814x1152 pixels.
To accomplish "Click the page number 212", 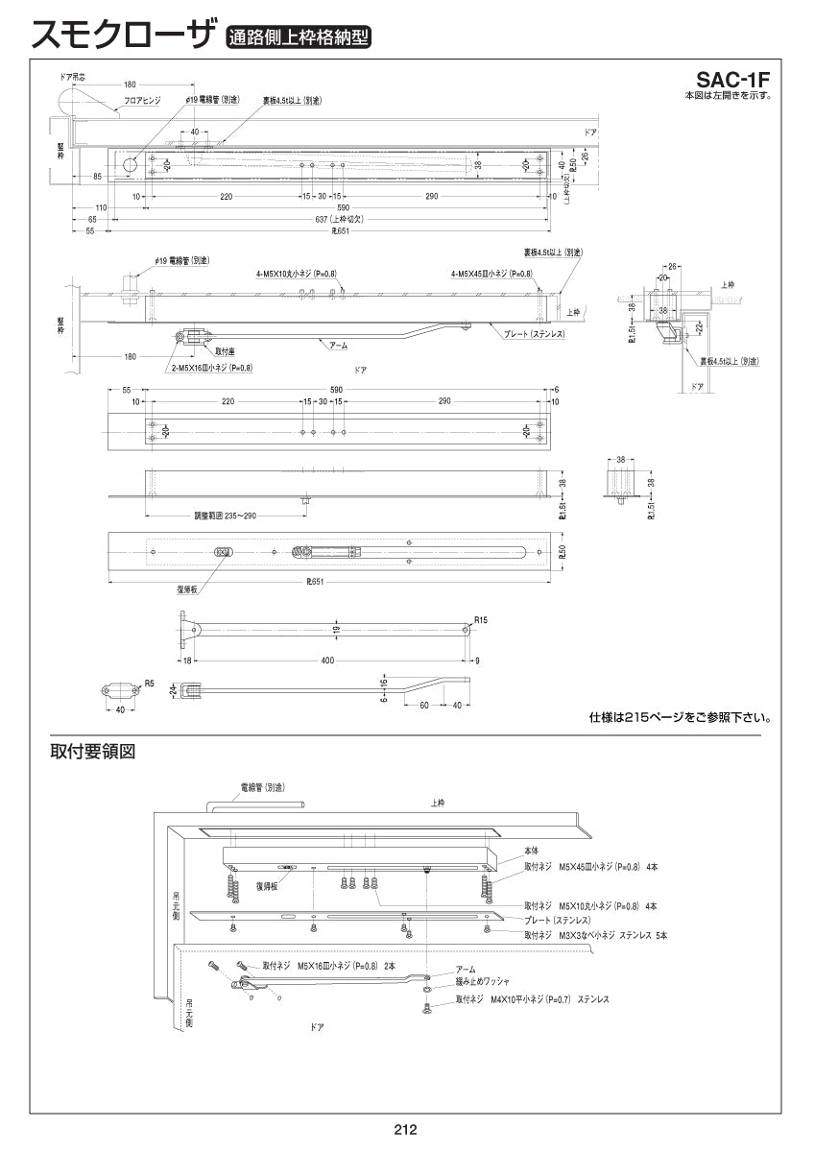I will coord(405,1131).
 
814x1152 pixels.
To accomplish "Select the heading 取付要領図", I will coord(93,753).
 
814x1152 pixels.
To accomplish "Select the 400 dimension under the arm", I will coord(329,661).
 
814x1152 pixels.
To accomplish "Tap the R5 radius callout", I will coord(149,683).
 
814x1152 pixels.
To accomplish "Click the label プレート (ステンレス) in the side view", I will coord(534,333).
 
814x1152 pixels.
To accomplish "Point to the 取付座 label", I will coord(226,352).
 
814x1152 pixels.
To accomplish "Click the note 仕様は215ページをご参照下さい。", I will coord(680,717).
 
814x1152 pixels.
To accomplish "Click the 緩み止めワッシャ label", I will coord(483,982).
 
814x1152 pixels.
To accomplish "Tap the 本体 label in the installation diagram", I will coord(531,852).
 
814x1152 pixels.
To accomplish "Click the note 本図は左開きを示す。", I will coord(728,95).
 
